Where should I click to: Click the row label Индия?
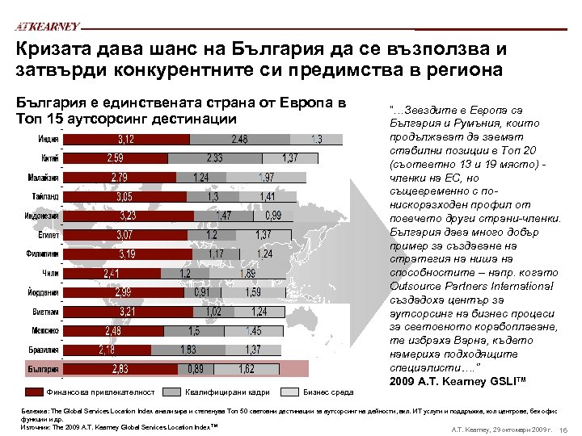pyautogui.click(x=48, y=139)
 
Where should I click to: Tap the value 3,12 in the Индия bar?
pyautogui.click(x=127, y=139)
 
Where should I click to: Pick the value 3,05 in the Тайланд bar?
pyautogui.click(x=126, y=196)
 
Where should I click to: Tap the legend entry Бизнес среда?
pyautogui.click(x=327, y=392)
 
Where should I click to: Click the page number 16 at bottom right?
pyautogui.click(x=565, y=428)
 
